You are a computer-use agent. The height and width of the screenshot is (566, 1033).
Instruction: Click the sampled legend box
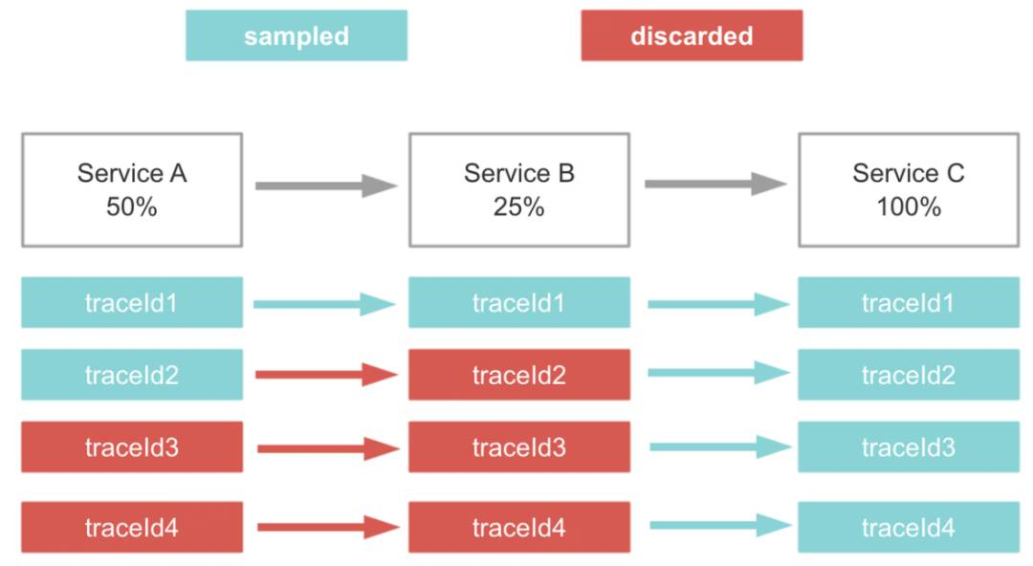click(297, 35)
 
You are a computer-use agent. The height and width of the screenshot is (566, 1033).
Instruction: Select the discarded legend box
click(692, 35)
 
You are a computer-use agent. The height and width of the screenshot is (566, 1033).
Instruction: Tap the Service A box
click(132, 189)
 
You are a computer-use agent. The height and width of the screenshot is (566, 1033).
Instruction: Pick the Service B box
click(519, 189)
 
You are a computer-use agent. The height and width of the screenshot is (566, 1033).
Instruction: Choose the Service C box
click(909, 189)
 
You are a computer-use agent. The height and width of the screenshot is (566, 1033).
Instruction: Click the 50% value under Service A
click(132, 207)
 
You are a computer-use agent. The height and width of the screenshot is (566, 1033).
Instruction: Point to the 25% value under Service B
click(519, 207)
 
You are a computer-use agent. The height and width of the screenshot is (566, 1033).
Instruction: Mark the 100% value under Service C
click(909, 207)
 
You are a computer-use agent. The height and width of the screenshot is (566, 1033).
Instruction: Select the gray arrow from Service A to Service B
click(326, 185)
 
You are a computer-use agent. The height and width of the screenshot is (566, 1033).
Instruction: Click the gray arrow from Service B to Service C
click(715, 184)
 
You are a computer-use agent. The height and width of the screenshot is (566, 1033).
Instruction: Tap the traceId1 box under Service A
click(132, 302)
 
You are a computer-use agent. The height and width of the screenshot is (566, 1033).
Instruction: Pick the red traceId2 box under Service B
click(519, 375)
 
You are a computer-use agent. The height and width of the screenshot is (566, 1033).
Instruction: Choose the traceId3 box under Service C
click(909, 447)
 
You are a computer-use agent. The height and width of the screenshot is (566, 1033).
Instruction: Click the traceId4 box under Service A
click(132, 527)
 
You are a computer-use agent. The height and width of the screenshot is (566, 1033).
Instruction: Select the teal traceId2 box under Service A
click(132, 375)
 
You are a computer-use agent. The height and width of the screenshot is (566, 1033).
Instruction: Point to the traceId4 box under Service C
click(909, 527)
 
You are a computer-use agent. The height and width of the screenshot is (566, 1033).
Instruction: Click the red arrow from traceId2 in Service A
click(326, 375)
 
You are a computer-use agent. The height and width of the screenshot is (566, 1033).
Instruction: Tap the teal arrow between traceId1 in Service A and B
click(324, 304)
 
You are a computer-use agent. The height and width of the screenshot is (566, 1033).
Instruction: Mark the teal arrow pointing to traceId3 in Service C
click(720, 446)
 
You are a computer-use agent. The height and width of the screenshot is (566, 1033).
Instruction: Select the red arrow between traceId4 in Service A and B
click(328, 527)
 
